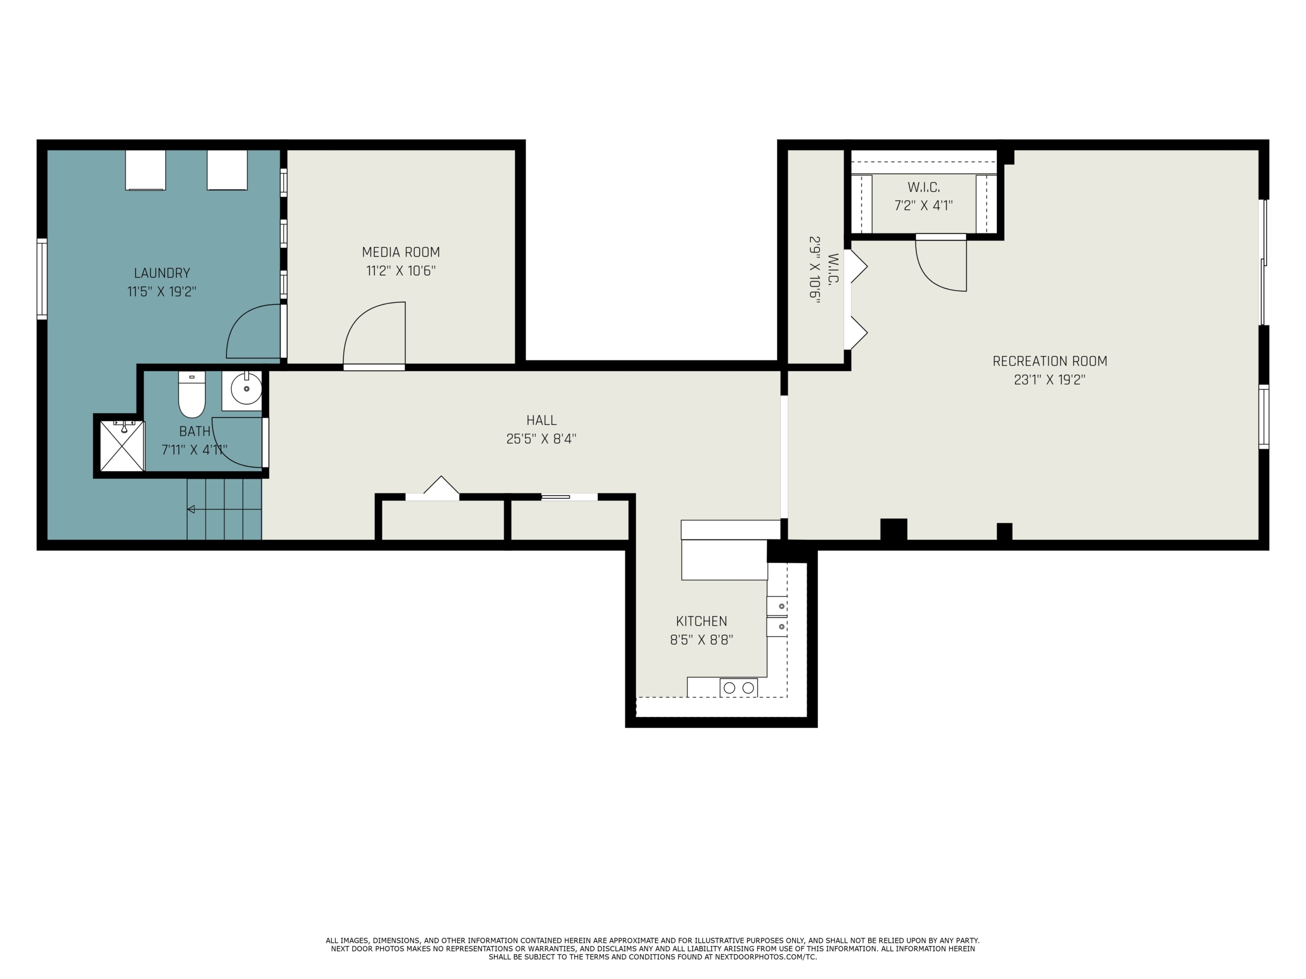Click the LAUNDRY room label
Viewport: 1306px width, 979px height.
tap(162, 273)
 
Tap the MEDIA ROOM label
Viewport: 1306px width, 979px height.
tap(401, 252)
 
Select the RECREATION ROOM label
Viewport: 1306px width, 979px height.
tap(1050, 361)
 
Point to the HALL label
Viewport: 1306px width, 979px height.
tap(541, 420)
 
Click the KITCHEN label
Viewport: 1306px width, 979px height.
tap(701, 622)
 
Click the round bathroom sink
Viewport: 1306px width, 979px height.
tap(245, 389)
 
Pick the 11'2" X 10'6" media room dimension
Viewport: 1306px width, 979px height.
tap(401, 271)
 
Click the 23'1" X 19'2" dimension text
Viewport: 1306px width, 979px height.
tap(1050, 380)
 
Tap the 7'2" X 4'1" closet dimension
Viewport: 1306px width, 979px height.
tap(923, 206)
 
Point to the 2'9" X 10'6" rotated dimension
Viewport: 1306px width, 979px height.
tap(815, 270)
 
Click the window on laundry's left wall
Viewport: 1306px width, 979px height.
tap(42, 278)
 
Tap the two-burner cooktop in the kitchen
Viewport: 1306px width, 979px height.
tap(739, 687)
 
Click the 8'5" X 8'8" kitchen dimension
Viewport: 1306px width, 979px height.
tap(701, 640)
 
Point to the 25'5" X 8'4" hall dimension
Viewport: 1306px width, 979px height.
tap(541, 439)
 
